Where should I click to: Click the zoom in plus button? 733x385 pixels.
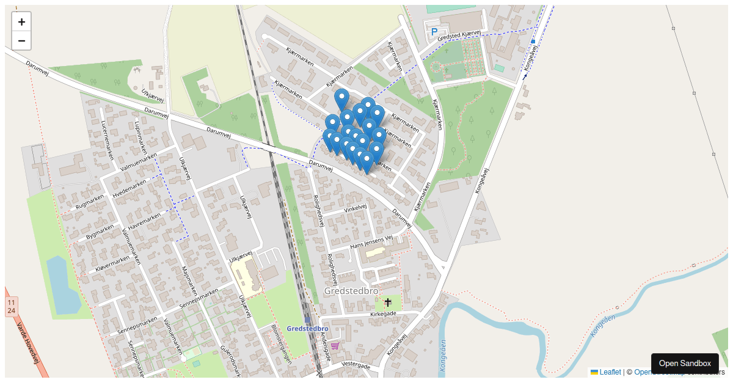pyautogui.click(x=21, y=22)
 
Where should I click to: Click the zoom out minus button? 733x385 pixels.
pyautogui.click(x=21, y=41)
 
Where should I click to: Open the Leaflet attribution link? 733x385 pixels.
pyautogui.click(x=610, y=372)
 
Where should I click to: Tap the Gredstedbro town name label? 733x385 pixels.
pyautogui.click(x=351, y=291)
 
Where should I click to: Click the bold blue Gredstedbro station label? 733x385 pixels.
pyautogui.click(x=307, y=329)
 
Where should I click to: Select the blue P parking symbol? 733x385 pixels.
pyautogui.click(x=434, y=32)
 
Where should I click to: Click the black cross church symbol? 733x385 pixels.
pyautogui.click(x=387, y=302)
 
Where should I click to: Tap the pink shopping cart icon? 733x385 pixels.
pyautogui.click(x=335, y=345)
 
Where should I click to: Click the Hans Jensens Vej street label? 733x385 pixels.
pyautogui.click(x=371, y=243)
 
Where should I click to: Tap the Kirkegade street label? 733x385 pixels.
pyautogui.click(x=383, y=314)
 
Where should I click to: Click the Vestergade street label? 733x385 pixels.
pyautogui.click(x=356, y=365)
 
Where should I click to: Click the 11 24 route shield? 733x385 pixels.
pyautogui.click(x=11, y=307)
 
